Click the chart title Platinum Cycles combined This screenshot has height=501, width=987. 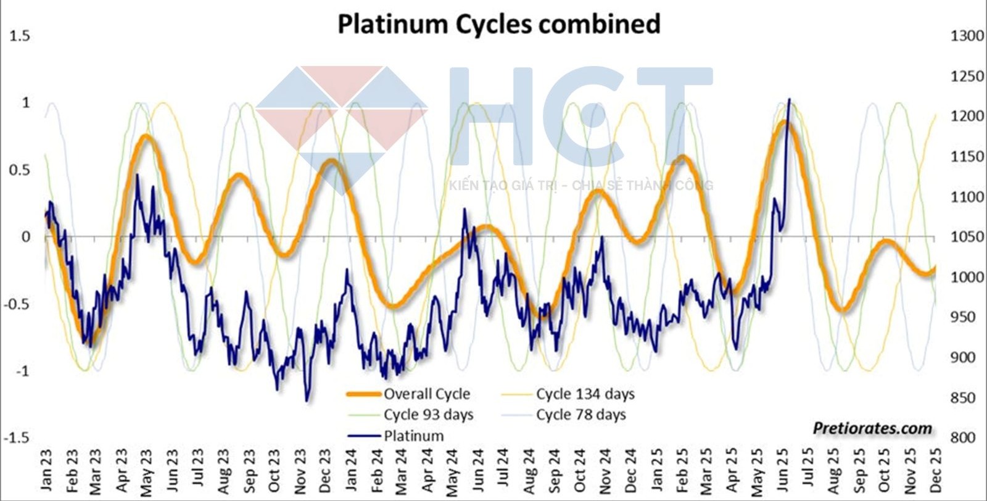(498, 25)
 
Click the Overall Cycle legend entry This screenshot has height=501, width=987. (426, 394)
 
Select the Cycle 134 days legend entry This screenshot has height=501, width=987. (585, 394)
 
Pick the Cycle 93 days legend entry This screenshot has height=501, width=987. (428, 415)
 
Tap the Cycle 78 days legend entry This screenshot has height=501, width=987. (580, 415)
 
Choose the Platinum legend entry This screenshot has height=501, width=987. (413, 436)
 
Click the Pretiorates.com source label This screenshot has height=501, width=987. (872, 428)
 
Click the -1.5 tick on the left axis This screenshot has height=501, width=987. (17, 437)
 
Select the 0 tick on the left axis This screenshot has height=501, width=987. (26, 237)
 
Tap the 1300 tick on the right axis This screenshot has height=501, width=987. (967, 36)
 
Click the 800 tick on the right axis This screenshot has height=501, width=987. (963, 437)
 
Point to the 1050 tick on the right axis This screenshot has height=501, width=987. (967, 237)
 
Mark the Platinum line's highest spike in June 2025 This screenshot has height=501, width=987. (789, 99)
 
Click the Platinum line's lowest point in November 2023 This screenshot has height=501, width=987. (307, 400)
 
